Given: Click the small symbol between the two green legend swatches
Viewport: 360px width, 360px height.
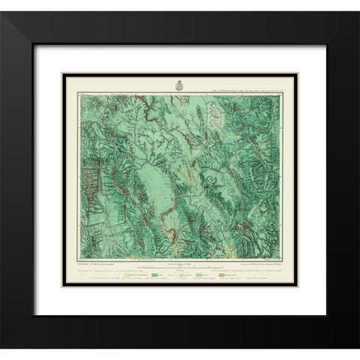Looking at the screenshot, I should pyautogui.click(x=178, y=277).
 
